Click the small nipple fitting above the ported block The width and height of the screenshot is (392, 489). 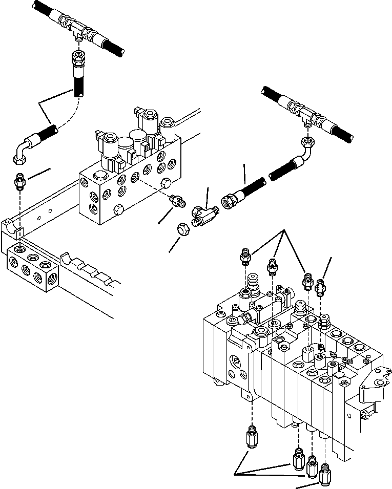point(19,182)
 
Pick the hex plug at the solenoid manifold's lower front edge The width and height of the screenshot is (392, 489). point(117,210)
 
